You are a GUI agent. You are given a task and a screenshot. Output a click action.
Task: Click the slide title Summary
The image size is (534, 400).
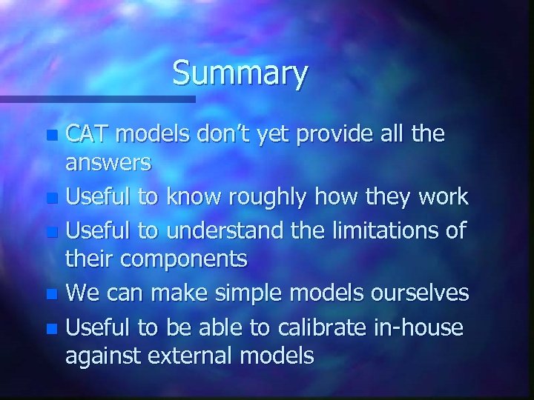240,74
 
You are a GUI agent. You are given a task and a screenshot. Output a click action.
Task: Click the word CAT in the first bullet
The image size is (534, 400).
88,134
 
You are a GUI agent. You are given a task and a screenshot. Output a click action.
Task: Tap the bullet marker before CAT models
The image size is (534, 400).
52,136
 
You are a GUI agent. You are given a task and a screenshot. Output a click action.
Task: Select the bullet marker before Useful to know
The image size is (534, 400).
52,199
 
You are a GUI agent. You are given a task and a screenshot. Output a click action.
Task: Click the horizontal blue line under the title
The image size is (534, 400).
96,98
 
